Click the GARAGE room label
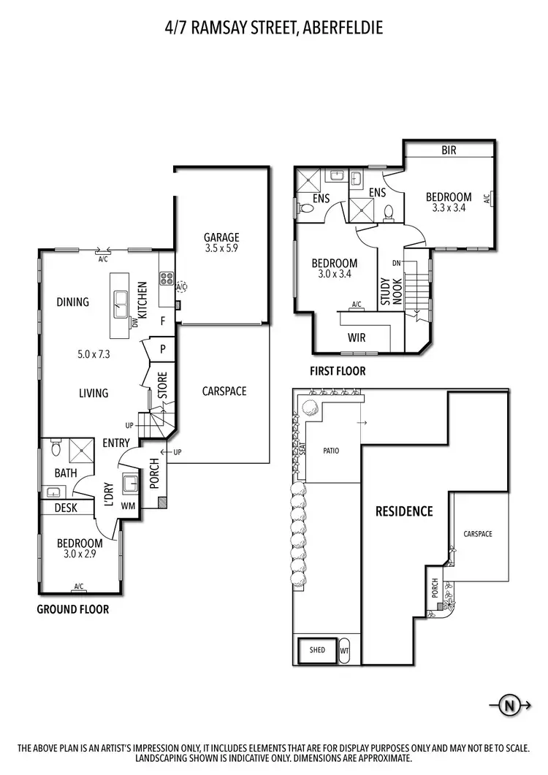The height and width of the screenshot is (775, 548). (x=221, y=237)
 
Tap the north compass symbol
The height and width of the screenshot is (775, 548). (x=509, y=705)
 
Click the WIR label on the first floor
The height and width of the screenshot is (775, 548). (x=357, y=337)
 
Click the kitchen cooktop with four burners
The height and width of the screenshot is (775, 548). (x=165, y=278)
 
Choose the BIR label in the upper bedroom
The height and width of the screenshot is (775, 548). (x=449, y=150)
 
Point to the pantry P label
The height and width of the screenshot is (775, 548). (x=162, y=349)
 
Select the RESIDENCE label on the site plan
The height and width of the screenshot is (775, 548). (x=404, y=511)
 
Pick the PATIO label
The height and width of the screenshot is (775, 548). (x=331, y=451)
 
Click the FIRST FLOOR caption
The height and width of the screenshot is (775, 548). (x=338, y=371)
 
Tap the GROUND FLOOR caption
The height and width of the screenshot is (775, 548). (x=72, y=608)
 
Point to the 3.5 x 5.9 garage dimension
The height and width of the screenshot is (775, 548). (x=221, y=248)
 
